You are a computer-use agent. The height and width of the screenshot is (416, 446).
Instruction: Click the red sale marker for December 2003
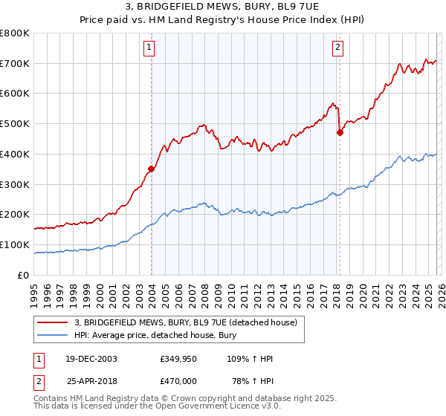tap(152, 169)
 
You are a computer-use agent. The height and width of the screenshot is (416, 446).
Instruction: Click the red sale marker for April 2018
tap(340, 133)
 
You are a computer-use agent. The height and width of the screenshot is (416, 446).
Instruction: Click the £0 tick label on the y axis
tap(24, 275)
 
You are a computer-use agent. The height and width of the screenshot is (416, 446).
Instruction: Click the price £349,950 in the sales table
tap(179, 360)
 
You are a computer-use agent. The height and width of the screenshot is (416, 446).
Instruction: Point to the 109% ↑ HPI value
tap(251, 360)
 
